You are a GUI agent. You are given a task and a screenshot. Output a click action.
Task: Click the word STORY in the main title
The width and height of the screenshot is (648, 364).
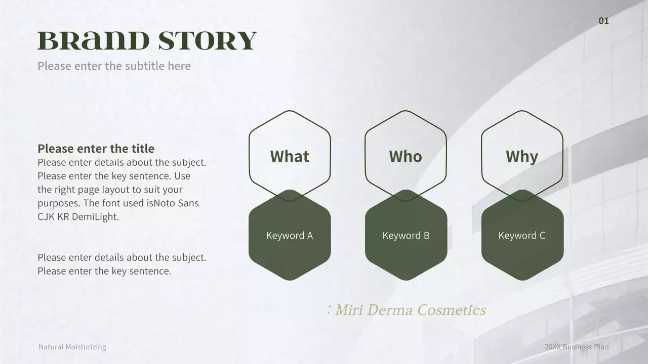coord(208,41)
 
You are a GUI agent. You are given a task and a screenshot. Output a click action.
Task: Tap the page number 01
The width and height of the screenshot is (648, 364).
coord(603,21)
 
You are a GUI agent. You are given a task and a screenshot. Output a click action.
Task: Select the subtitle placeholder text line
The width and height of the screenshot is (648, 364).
coord(114,66)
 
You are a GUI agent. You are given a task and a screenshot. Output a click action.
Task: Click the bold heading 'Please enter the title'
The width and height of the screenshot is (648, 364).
coord(96,149)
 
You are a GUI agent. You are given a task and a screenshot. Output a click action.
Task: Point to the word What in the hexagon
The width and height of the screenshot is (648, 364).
coord(290,156)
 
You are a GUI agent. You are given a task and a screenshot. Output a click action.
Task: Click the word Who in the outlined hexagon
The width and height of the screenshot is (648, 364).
coord(406,156)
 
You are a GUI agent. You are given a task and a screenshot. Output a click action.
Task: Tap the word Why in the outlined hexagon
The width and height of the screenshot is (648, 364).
coord(522,156)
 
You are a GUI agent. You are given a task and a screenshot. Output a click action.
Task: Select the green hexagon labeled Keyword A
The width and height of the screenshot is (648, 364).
coord(290,236)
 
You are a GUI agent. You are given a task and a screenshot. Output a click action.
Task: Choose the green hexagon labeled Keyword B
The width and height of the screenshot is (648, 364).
coord(406,236)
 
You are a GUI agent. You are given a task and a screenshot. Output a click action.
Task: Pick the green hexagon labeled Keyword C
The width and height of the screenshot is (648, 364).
coord(522,236)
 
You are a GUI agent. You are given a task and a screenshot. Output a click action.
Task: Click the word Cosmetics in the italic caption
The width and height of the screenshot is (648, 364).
coord(452,310)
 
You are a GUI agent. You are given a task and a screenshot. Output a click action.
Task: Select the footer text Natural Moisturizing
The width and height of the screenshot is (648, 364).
coord(72,347)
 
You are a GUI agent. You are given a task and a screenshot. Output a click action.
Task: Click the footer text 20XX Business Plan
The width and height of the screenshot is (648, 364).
coord(577,347)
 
